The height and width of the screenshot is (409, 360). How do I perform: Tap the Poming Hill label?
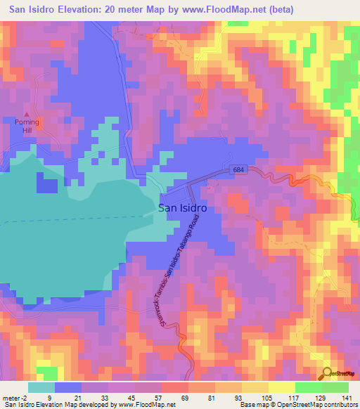pos(27,126)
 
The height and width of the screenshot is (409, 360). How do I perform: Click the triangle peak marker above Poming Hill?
pos(27,115)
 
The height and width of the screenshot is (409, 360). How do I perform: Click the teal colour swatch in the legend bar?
pos(41,387)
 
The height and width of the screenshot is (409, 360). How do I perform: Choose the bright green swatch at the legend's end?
pos(335,387)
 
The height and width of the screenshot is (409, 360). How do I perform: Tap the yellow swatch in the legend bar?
pos(282,387)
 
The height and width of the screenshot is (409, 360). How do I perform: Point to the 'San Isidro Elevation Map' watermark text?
pos(42,405)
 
